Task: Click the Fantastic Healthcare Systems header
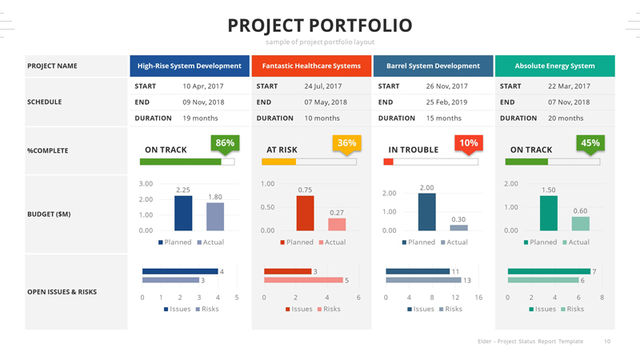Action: (311, 66)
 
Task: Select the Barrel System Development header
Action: (433, 66)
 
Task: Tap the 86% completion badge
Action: (225, 143)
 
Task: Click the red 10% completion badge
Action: (469, 143)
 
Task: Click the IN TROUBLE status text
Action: (413, 150)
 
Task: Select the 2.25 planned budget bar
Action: (183, 214)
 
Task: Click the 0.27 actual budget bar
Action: (337, 224)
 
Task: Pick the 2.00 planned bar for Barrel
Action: (426, 212)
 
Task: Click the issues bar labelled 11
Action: (417, 271)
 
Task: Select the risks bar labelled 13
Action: (422, 281)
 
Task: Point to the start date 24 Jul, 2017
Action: (322, 86)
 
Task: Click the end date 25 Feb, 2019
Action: (446, 102)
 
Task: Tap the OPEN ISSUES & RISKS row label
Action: (62, 292)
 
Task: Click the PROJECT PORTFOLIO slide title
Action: (320, 26)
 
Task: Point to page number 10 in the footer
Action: (607, 342)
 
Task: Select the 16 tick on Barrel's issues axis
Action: (478, 298)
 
